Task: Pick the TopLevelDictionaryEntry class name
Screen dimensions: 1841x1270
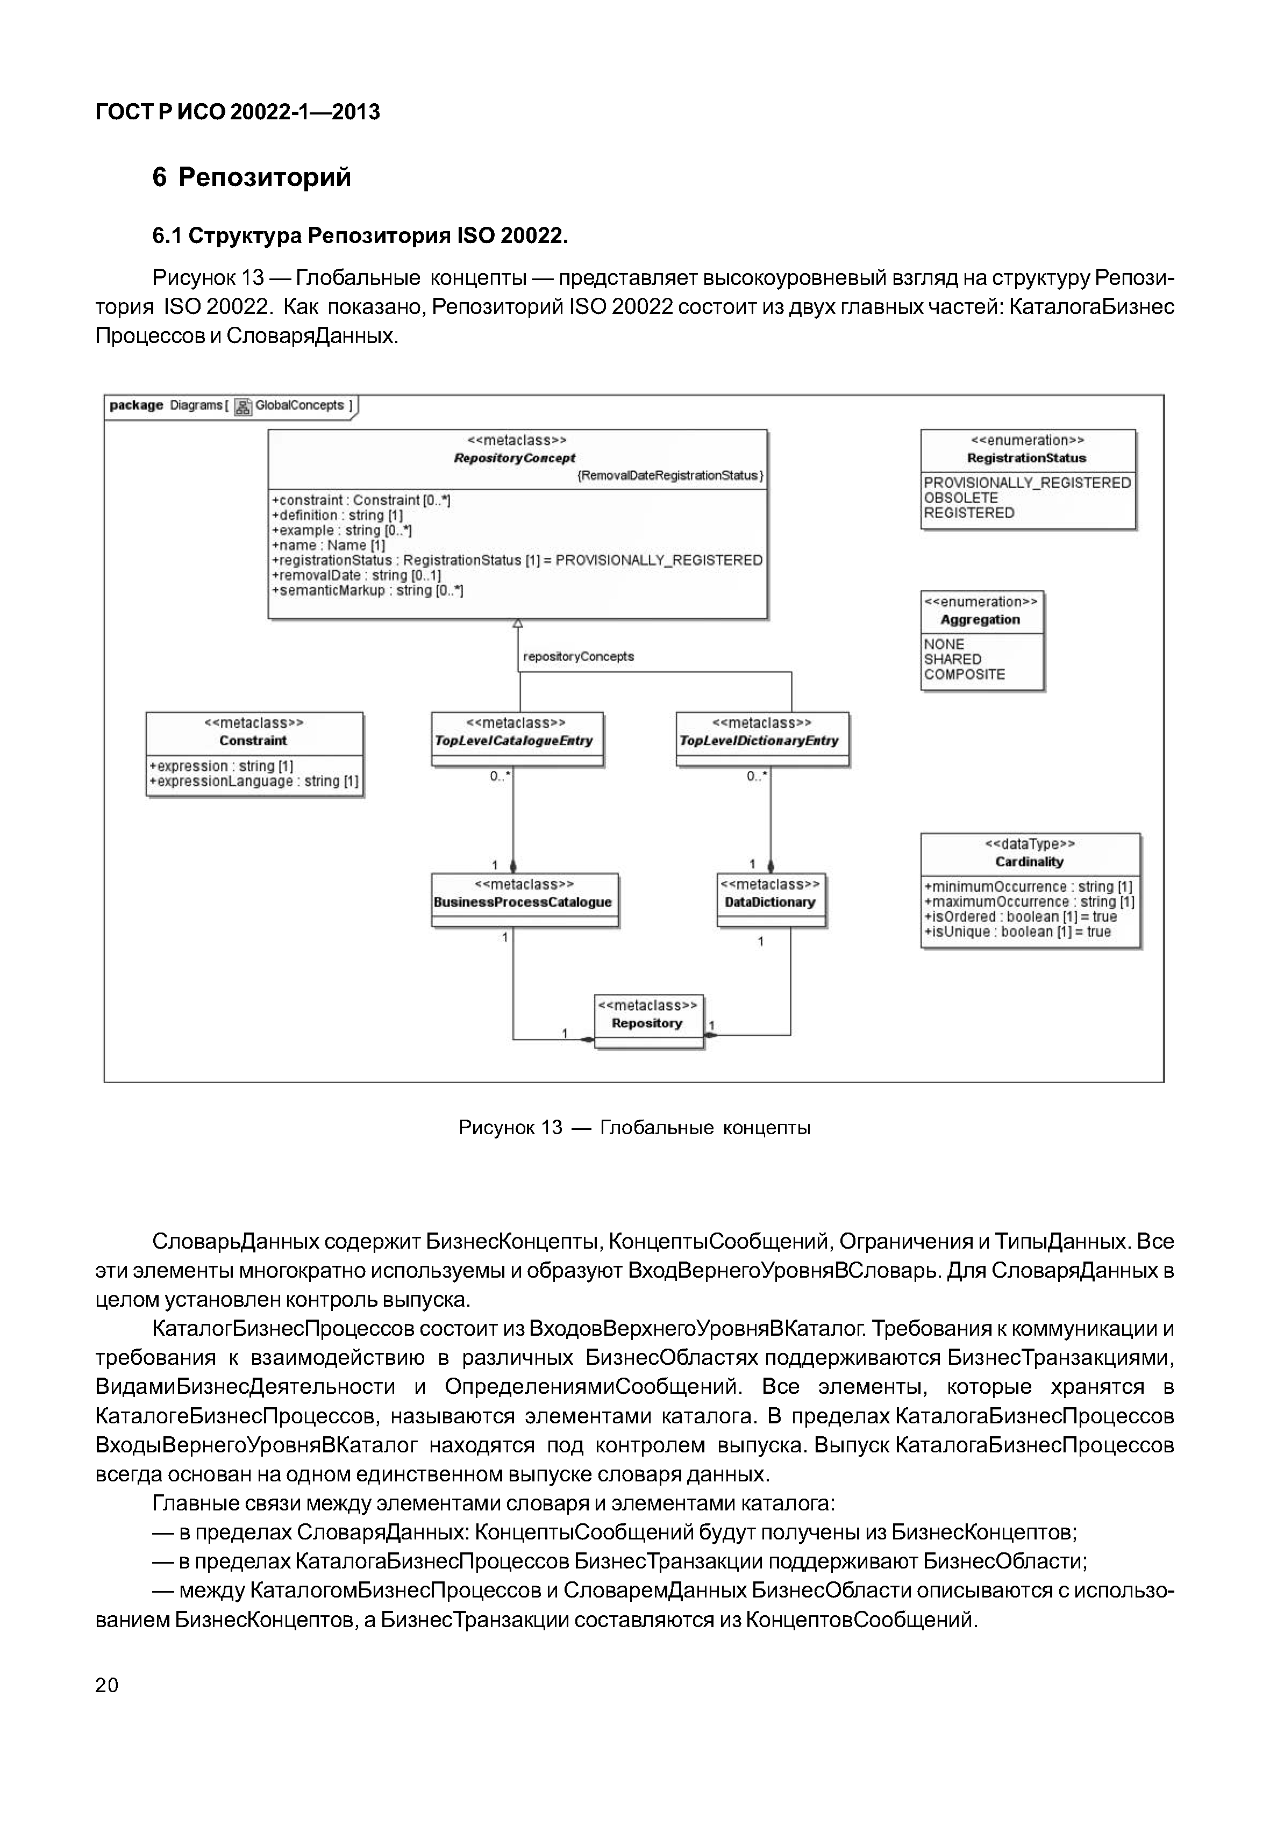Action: [759, 741]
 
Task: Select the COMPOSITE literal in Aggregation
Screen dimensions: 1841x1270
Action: [965, 675]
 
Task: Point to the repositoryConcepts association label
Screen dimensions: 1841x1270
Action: [579, 657]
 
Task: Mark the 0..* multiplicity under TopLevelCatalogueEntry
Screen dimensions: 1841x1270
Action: [500, 777]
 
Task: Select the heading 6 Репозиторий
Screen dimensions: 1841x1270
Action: [252, 177]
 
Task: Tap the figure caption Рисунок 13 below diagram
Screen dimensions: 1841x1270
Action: [634, 1128]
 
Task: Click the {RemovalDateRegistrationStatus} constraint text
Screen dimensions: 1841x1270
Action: [670, 476]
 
